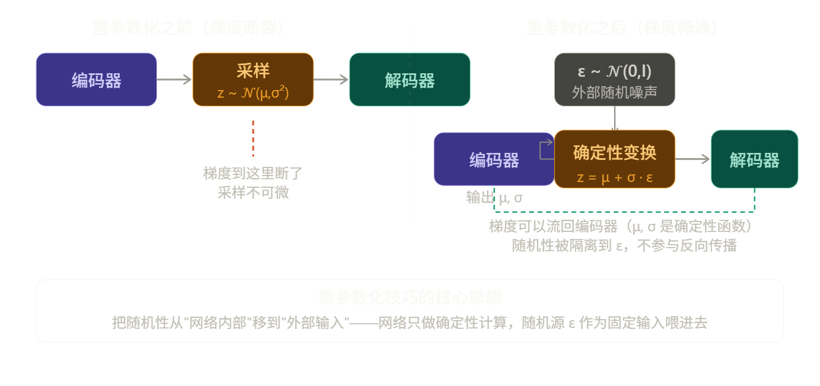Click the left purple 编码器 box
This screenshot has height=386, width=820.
point(96,80)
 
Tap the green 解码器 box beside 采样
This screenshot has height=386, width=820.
point(409,80)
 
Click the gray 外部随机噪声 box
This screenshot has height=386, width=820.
point(614,80)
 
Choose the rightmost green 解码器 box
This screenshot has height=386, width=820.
point(754,159)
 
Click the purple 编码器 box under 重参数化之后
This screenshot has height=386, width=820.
point(494,159)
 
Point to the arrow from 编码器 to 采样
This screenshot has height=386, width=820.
point(174,80)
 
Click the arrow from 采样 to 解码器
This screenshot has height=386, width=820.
point(331,80)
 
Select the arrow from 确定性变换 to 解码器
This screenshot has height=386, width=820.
point(693,159)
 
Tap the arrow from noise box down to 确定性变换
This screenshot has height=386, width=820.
point(615,118)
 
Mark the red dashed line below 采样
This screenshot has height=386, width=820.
point(253,138)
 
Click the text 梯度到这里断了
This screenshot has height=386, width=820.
point(253,173)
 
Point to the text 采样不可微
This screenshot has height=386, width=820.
point(253,192)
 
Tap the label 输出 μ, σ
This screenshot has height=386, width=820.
point(494,198)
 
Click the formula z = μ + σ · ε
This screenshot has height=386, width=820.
point(614,177)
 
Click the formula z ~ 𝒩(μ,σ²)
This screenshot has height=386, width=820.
point(253,92)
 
